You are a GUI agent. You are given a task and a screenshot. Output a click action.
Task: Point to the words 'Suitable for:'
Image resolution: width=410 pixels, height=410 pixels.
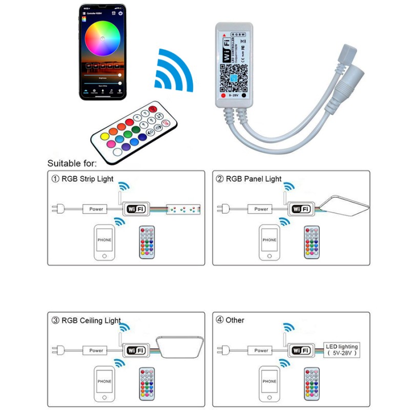point(72,163)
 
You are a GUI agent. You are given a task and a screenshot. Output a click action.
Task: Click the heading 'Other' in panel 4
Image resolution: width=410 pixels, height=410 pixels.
point(235,320)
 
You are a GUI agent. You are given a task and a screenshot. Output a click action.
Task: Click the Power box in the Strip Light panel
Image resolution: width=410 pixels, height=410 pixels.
point(96,209)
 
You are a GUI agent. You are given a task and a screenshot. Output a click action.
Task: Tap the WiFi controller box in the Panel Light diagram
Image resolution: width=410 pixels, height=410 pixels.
point(300,209)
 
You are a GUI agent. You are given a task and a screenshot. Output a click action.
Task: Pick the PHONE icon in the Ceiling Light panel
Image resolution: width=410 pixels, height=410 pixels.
point(104,381)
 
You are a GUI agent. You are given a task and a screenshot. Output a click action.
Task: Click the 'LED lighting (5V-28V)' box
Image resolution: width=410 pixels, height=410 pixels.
point(342,350)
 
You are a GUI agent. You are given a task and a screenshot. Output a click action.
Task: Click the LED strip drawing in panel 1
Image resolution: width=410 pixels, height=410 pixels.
point(183,210)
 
